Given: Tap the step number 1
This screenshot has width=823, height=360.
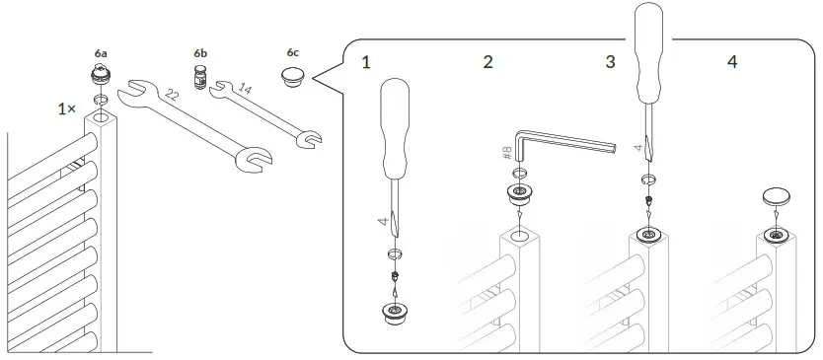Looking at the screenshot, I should (366, 62).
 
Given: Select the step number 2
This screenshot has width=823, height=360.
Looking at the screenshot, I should (487, 62).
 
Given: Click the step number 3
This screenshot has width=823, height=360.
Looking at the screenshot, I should (610, 62).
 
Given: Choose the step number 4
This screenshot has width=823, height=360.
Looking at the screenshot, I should (731, 62).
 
